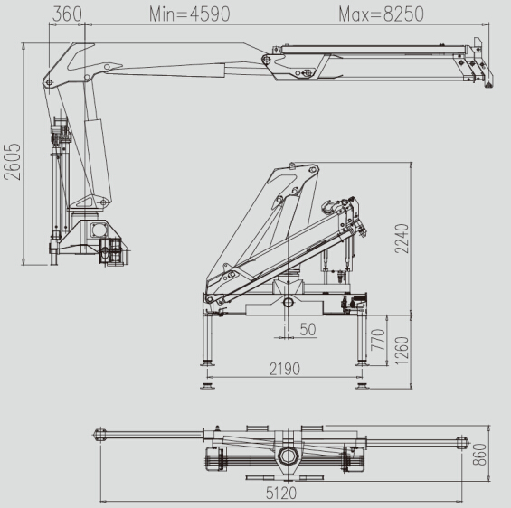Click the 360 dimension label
tap(68, 14)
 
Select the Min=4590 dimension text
tap(189, 14)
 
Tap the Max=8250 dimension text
tap(380, 14)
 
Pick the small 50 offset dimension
tap(307, 330)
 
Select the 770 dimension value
tap(379, 342)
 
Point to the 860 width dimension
tap(480, 453)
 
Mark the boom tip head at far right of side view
tap(477, 63)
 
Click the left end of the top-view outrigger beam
tap(99, 437)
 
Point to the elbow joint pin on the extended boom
tap(266, 61)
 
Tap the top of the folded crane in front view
tap(302, 167)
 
